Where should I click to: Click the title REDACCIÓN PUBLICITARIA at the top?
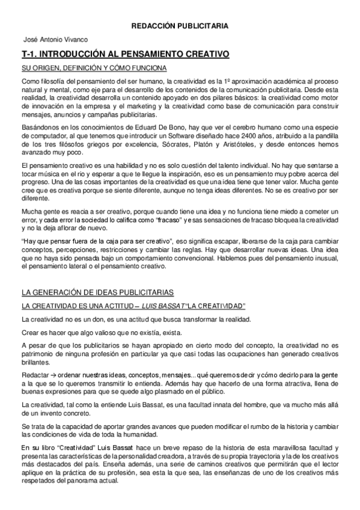pos(180,26)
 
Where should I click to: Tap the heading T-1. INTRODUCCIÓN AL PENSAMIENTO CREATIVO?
pos(125,54)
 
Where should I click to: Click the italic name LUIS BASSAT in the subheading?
pos(157,306)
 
